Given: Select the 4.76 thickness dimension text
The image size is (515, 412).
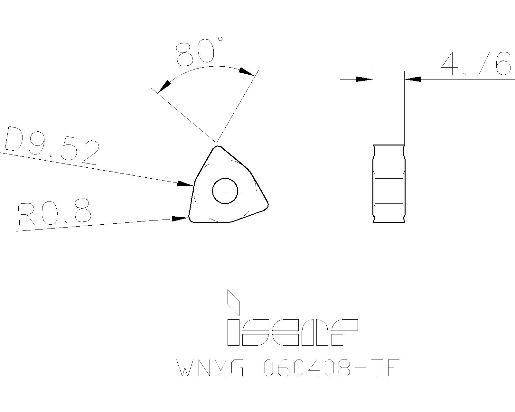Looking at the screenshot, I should click(476, 64).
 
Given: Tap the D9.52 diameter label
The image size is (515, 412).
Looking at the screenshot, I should click(51, 145).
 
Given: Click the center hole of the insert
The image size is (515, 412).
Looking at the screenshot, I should click(225, 190).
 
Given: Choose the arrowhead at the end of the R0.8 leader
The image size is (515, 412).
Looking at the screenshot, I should click(180, 219).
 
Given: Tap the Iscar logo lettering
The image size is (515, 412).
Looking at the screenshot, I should click(292, 332).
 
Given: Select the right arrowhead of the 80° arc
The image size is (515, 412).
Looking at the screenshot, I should click(247, 71).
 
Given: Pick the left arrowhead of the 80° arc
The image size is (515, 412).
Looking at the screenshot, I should click(165, 86).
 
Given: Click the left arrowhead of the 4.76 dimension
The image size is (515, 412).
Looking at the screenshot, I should click(364, 79).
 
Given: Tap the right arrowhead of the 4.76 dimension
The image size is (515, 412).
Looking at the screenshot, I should click(413, 79).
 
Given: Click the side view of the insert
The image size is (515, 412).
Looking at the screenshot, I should click(389, 183).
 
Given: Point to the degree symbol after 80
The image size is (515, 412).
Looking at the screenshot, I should click(220, 39).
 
